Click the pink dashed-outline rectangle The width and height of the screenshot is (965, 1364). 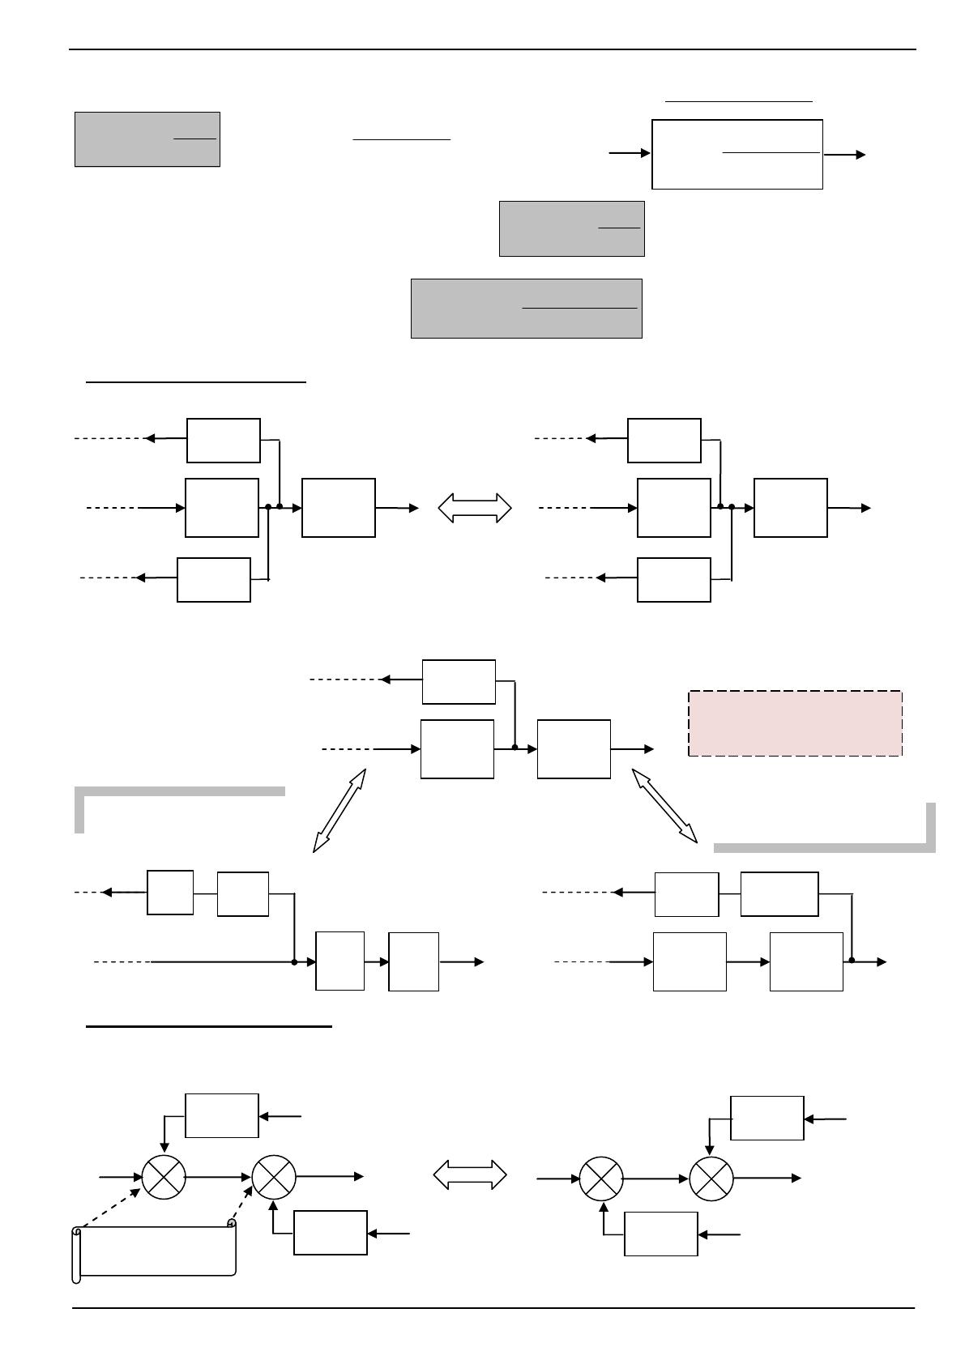tap(795, 723)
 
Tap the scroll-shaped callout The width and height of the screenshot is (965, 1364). tap(155, 1251)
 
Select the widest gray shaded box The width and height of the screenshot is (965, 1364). tap(526, 308)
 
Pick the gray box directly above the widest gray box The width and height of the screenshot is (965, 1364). tap(571, 228)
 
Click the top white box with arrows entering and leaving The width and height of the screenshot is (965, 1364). tap(737, 154)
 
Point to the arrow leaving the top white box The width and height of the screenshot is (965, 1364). tap(844, 155)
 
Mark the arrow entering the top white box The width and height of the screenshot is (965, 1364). tap(630, 152)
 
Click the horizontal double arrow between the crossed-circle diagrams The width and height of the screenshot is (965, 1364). tap(470, 1174)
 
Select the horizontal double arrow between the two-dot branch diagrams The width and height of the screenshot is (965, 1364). tap(475, 508)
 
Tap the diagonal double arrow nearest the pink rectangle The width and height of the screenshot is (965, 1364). tap(664, 806)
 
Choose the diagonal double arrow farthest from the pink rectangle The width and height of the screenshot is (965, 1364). tap(339, 810)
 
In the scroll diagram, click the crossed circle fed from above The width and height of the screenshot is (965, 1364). tap(164, 1177)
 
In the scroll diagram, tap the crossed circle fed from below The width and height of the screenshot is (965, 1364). tap(274, 1177)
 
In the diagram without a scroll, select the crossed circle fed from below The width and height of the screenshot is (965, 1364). tap(601, 1179)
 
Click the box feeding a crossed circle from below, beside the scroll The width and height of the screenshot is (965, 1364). tap(330, 1233)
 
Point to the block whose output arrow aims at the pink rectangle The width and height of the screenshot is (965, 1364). tap(574, 749)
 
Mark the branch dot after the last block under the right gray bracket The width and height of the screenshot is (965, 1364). tap(852, 961)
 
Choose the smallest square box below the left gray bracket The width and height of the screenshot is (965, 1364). tap(170, 893)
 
